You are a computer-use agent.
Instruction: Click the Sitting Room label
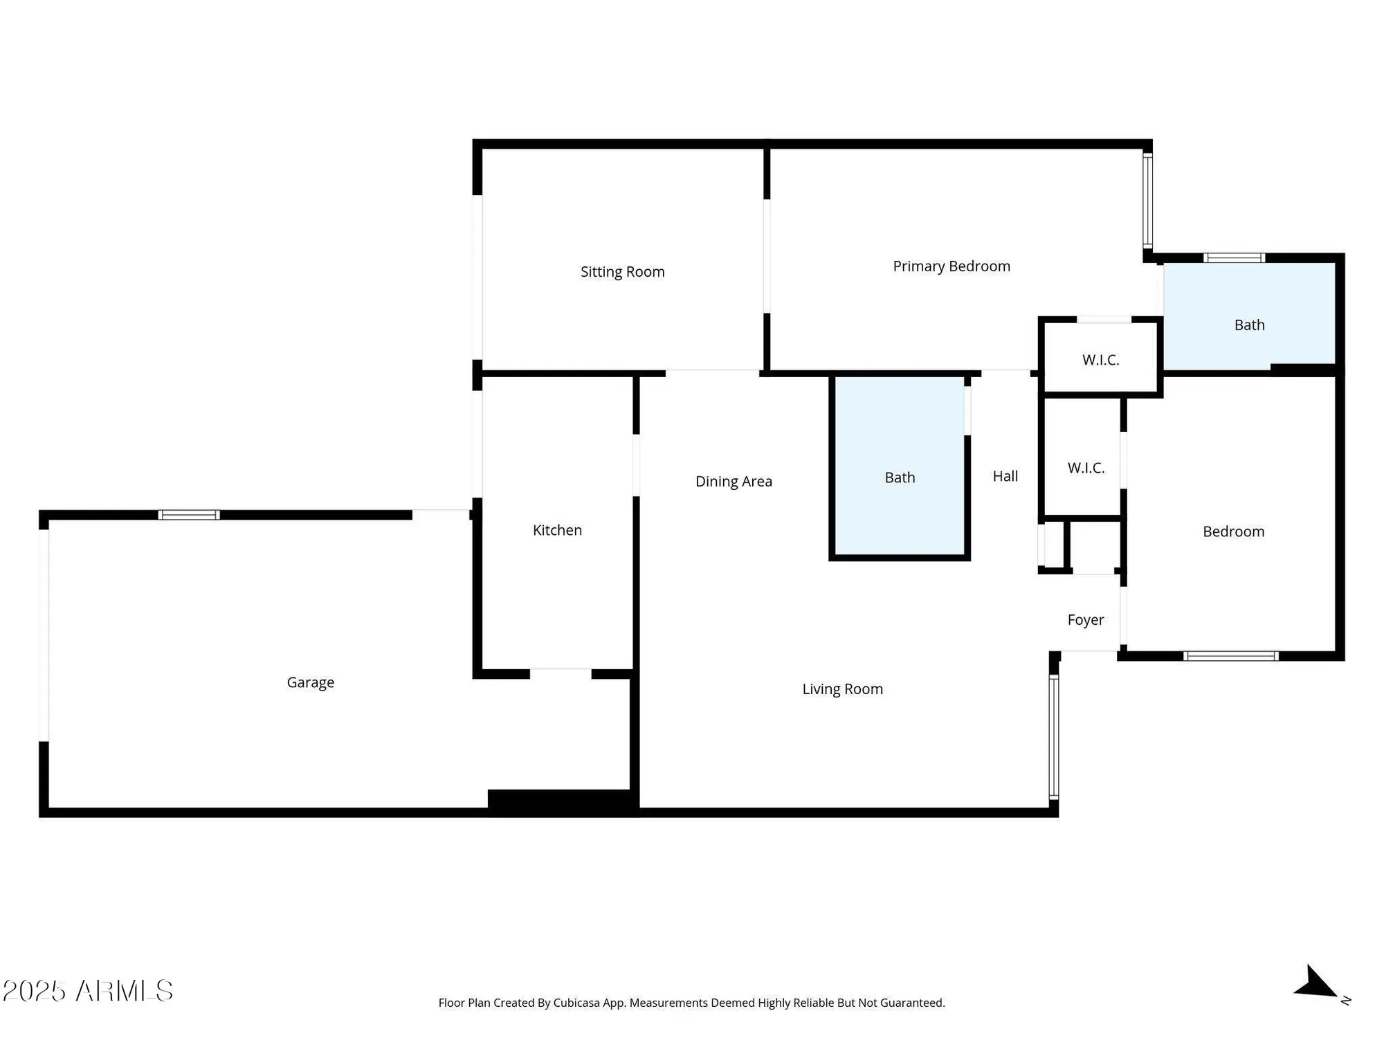pos(622,272)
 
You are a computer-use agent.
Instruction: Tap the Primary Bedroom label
pos(951,266)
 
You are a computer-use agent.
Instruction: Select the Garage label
pos(310,682)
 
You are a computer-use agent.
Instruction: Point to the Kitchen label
pos(557,530)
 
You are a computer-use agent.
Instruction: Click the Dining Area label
pos(734,482)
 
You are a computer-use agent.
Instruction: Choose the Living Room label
pos(842,689)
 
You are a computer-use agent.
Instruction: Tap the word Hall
pos(1005,476)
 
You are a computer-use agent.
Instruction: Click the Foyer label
pos(1085,620)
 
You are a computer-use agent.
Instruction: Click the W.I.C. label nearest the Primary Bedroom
pos(1100,360)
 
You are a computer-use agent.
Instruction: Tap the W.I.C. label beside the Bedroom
pos(1086,468)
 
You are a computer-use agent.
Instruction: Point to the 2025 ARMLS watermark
pos(88,991)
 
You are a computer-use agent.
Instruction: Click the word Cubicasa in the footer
pos(576,1003)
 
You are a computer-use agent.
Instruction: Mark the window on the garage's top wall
pos(189,515)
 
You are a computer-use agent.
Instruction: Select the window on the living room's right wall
pos(1053,737)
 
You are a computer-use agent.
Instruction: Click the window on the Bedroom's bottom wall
pos(1230,656)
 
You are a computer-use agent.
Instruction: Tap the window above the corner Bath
pos(1234,258)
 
